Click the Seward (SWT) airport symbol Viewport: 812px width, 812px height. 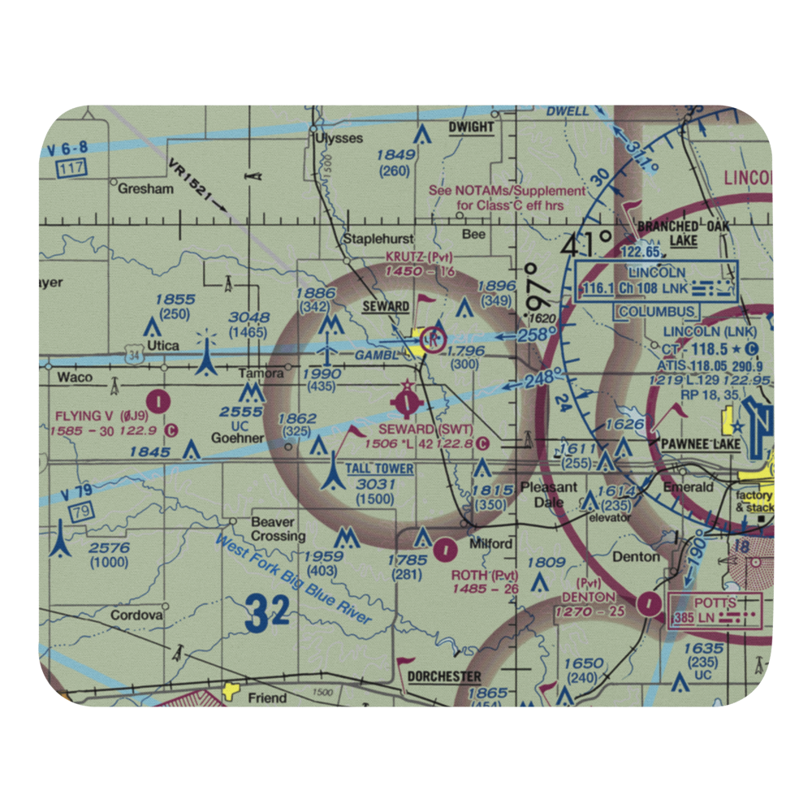point(405,401)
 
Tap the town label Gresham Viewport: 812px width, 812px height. point(146,188)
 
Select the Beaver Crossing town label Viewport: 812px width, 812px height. point(278,529)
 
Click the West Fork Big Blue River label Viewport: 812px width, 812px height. point(293,580)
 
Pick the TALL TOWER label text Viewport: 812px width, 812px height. point(379,469)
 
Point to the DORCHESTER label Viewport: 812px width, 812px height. point(444,676)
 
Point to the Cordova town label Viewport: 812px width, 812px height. point(137,615)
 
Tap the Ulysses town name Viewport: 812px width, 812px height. point(339,138)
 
